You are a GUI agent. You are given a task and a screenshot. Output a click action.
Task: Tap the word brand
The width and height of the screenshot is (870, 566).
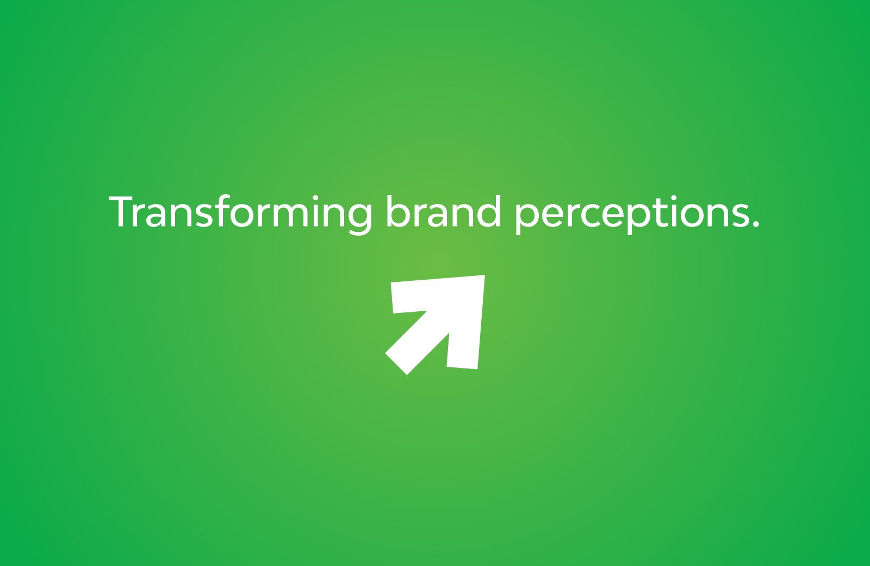click(443, 211)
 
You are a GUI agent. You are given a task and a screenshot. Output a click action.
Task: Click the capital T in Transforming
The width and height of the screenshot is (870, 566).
click(122, 212)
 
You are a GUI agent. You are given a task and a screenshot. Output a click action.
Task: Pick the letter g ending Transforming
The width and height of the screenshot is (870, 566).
click(357, 218)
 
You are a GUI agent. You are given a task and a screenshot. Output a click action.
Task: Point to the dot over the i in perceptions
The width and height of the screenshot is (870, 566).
click(673, 198)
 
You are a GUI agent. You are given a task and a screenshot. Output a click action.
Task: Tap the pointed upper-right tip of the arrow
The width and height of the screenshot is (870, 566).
click(484, 275)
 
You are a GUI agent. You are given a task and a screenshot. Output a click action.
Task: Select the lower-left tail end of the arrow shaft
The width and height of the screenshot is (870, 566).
click(396, 364)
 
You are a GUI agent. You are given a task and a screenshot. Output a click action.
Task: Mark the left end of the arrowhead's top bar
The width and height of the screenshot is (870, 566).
click(392, 298)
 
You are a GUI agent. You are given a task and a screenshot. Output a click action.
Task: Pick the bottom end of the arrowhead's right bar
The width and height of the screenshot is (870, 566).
click(462, 368)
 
